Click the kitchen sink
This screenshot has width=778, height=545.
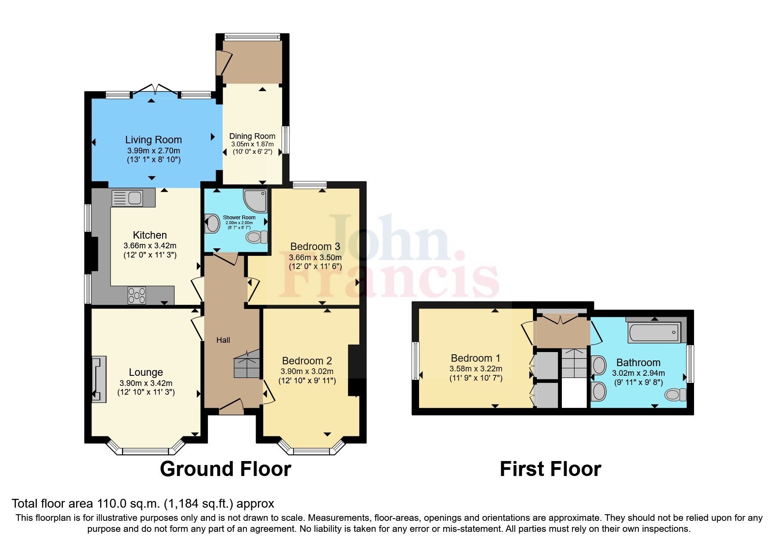point(127,198)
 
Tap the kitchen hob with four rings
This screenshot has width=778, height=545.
point(137,295)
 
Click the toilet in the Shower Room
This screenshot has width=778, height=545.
point(256,237)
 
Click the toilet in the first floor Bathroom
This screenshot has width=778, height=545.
point(675,394)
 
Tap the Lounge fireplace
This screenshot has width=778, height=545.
point(99,379)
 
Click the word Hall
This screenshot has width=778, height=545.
point(223,340)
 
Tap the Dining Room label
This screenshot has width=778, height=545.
point(252,136)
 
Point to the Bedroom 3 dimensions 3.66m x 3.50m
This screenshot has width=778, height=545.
point(315,257)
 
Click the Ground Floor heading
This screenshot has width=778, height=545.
point(225,469)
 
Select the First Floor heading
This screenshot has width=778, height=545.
point(550,469)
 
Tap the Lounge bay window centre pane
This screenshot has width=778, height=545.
point(145,451)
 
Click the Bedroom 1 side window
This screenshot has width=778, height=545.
point(415,361)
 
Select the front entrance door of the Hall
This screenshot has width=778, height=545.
point(232,407)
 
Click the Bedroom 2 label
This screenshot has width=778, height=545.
point(307,361)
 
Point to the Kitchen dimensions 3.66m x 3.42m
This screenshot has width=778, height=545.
point(150,246)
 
